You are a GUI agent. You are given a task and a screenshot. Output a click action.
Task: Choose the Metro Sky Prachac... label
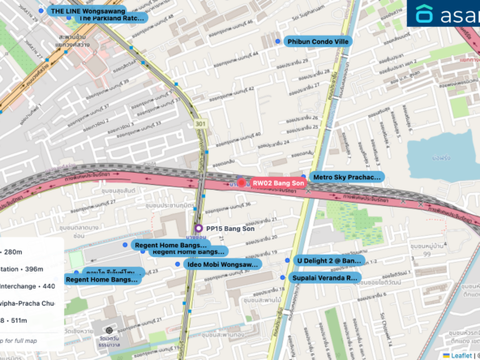[347, 177]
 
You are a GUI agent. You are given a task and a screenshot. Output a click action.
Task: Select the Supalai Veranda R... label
[324, 277]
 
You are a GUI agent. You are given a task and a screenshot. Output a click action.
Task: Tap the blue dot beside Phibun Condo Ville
[278, 41]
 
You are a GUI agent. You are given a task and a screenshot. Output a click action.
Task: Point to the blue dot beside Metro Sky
[304, 176]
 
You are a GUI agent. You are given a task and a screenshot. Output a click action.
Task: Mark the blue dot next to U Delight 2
[288, 260]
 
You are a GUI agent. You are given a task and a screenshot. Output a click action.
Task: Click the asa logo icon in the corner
[425, 14]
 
